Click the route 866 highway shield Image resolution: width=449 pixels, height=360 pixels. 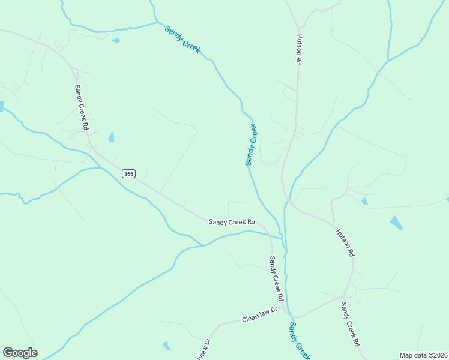[128, 174]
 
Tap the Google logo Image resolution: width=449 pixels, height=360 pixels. [20, 353]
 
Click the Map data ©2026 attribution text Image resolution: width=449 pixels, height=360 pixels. [423, 355]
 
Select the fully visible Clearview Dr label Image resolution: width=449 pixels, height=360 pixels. [260, 315]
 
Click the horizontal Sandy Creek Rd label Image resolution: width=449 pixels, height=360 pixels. [232, 222]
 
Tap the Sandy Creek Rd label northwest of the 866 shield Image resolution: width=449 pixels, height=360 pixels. [82, 107]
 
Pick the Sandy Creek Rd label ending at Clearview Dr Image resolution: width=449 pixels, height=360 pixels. [276, 278]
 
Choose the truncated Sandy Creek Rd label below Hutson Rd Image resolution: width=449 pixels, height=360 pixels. [350, 324]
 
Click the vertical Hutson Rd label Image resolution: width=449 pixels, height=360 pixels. [298, 50]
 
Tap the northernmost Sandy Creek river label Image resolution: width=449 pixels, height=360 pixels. [182, 40]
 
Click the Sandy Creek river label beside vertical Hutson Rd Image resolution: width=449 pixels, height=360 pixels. [251, 145]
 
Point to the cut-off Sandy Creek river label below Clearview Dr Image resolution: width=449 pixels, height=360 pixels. [298, 340]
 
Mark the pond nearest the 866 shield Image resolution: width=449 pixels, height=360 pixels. [112, 137]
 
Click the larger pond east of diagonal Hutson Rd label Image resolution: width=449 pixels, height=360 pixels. [396, 223]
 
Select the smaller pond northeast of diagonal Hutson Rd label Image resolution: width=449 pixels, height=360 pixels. [364, 201]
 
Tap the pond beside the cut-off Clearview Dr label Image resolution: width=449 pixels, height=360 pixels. [166, 346]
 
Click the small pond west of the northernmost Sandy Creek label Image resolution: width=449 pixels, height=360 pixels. [116, 40]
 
